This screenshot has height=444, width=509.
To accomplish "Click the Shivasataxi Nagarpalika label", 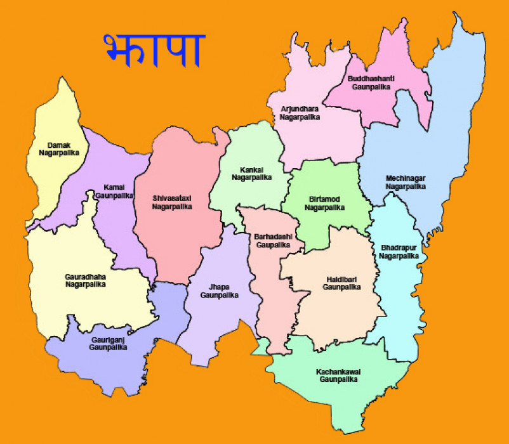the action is tap(171, 202).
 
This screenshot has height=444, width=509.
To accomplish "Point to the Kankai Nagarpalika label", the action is tap(251, 173).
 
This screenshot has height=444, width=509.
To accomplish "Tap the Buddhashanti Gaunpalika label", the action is tap(371, 82).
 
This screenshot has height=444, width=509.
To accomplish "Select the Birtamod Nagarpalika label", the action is tap(324, 203).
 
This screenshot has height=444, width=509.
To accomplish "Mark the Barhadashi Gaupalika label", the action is tap(272, 240).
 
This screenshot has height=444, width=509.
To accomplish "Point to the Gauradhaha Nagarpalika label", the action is tap(85, 280).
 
